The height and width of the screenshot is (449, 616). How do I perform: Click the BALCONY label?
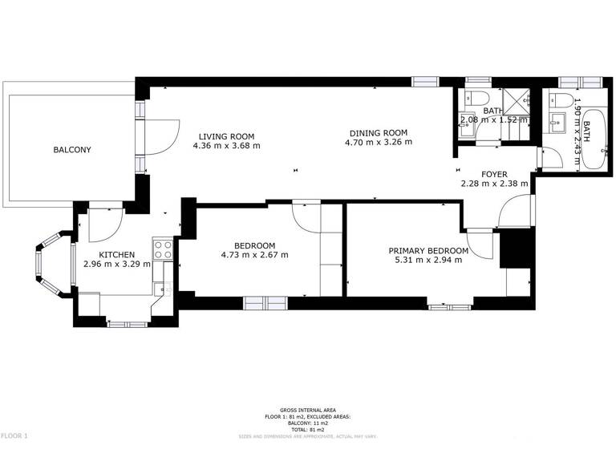[x=72, y=150]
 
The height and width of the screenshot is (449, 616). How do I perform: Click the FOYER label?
[x=495, y=174]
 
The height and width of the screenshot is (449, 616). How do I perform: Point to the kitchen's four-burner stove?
[x=164, y=249]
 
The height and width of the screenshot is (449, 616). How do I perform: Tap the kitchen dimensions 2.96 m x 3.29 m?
[x=116, y=264]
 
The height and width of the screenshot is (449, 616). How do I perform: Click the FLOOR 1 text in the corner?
[x=14, y=435]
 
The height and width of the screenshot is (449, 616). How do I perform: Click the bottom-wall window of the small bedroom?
[x=263, y=303]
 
